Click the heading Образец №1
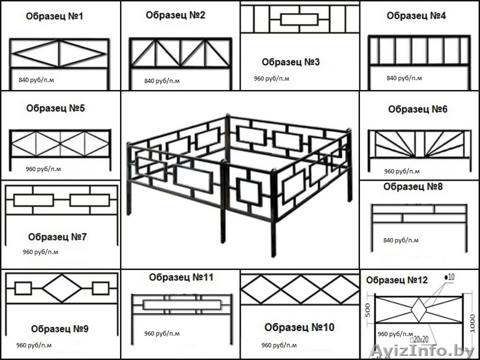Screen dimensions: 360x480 click(55, 16)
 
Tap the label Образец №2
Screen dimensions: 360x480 click(176, 15)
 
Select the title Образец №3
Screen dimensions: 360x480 click(291, 62)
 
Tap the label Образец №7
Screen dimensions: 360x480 click(58, 237)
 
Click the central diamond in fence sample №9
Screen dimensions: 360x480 click(61, 288)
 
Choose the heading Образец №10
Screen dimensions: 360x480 click(299, 327)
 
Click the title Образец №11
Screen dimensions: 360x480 click(181, 277)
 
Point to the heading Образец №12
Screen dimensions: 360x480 click(397, 280)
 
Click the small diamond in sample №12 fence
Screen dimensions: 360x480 click(418, 311)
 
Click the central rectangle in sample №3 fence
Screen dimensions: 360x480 click(299, 19)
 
